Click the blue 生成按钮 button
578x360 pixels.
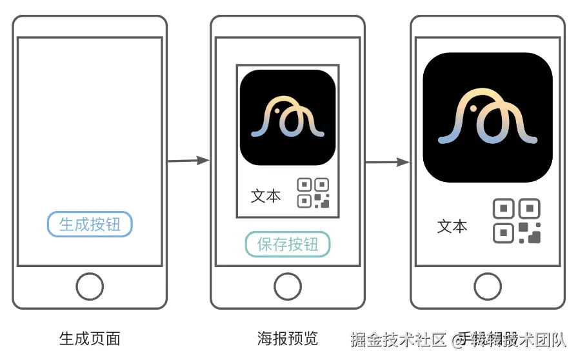[90, 224]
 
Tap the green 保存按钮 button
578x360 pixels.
[288, 245]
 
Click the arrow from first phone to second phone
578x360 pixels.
[188, 161]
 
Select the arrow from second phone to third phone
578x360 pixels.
[387, 162]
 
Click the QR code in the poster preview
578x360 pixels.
[313, 194]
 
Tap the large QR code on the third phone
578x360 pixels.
[517, 221]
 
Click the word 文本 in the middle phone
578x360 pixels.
[266, 196]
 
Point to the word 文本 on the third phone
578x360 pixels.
[452, 226]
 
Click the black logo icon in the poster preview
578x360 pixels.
[288, 117]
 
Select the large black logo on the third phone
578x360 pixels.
[488, 117]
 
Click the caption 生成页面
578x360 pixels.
[90, 338]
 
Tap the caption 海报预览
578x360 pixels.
[288, 338]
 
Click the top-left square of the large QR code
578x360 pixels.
[504, 209]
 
